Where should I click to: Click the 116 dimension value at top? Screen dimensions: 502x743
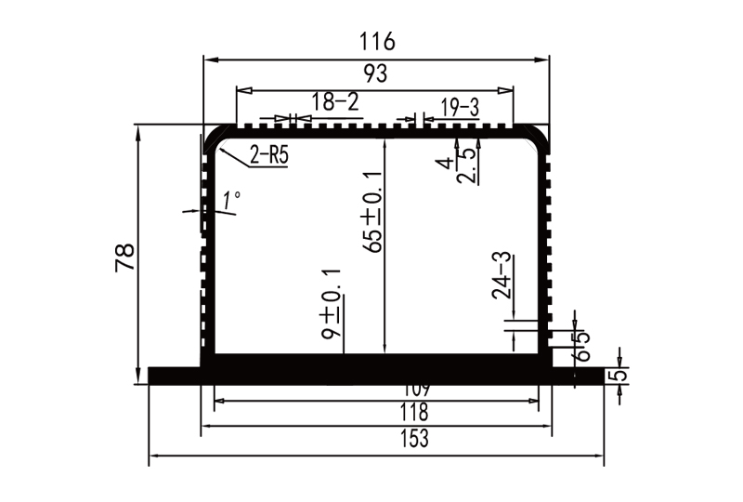tap(377, 42)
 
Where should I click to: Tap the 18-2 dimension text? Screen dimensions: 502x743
tap(334, 102)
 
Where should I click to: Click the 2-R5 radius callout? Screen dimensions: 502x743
tap(268, 155)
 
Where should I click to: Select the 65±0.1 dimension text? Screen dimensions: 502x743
tap(374, 212)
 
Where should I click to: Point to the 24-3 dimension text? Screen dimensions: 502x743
tap(502, 274)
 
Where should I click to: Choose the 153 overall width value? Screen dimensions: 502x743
tap(375, 440)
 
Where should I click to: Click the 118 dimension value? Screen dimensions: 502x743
tap(375, 412)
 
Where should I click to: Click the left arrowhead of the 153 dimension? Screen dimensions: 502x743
tap(154, 456)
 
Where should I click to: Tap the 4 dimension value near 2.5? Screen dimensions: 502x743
tap(447, 163)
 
